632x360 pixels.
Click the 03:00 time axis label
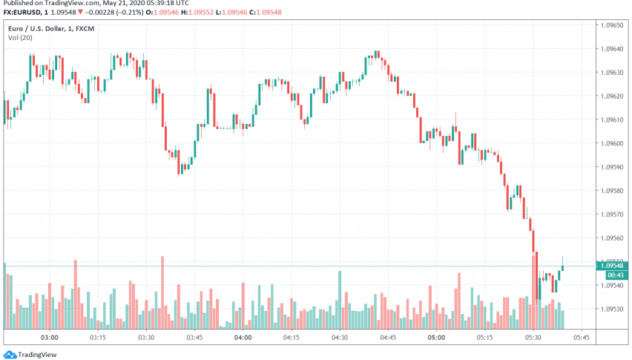[49, 337]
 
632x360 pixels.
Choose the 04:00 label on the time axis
[243, 337]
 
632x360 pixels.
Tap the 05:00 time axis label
[436, 337]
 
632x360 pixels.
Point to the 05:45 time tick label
[582, 337]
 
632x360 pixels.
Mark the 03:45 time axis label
[194, 337]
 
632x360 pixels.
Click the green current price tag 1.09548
[612, 266]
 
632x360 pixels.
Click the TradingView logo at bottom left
[31, 354]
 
